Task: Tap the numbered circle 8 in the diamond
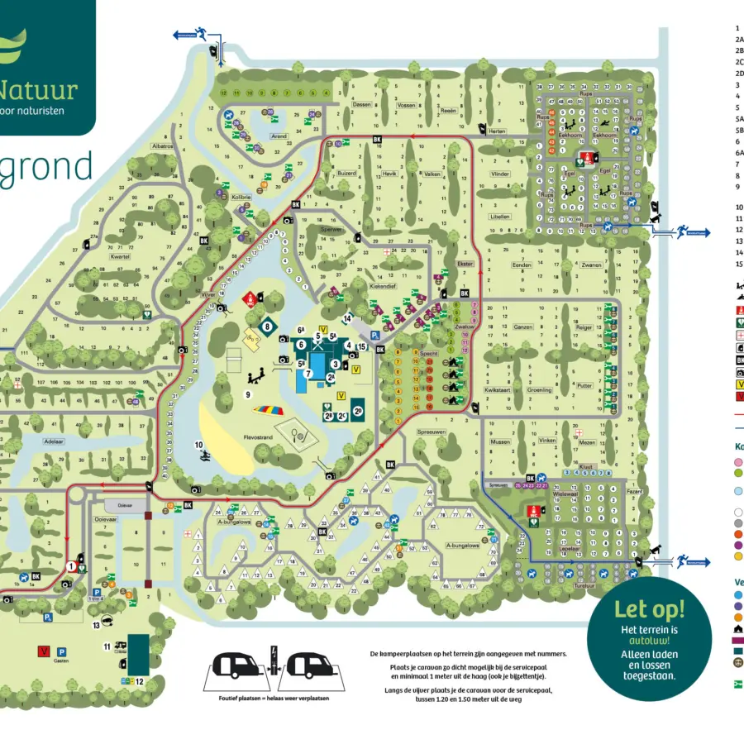pyautogui.click(x=267, y=327)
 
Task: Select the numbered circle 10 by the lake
pyautogui.click(x=198, y=445)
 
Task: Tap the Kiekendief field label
pyautogui.click(x=384, y=285)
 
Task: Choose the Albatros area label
pyautogui.click(x=162, y=145)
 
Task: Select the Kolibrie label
pyautogui.click(x=241, y=197)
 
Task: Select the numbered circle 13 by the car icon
pyautogui.click(x=107, y=625)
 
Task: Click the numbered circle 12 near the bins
pyautogui.click(x=140, y=681)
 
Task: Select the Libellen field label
pyautogui.click(x=499, y=216)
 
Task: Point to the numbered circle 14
pyautogui.click(x=348, y=317)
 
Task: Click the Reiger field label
pyautogui.click(x=584, y=327)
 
